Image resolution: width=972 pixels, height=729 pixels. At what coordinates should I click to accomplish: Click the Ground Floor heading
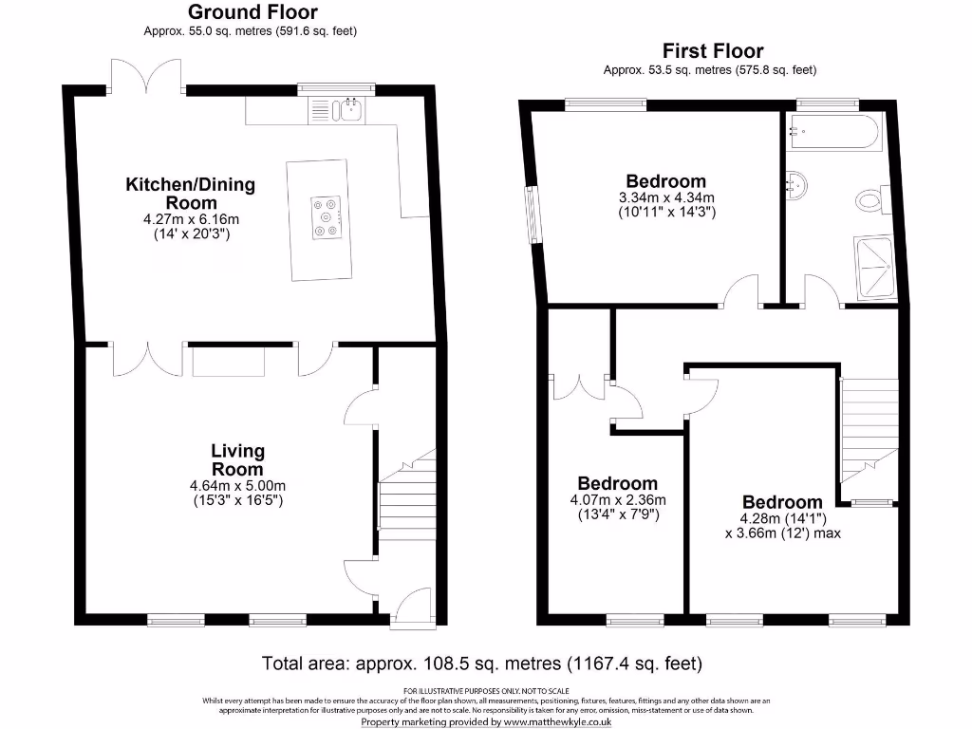[252, 11]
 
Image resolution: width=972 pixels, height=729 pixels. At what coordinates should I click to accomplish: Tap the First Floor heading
[713, 51]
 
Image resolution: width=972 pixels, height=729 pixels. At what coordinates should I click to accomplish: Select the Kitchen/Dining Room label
[191, 194]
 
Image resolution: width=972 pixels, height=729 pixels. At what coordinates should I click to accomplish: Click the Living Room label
[237, 460]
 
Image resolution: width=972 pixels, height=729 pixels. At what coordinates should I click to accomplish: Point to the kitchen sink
[347, 111]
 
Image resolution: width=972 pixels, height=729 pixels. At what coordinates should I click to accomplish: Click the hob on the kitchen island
[327, 217]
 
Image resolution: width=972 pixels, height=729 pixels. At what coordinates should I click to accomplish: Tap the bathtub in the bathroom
[832, 131]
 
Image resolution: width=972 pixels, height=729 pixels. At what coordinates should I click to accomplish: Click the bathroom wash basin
[796, 185]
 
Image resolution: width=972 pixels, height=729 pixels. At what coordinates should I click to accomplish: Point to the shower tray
[874, 267]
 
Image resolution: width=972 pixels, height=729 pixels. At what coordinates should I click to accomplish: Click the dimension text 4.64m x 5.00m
[237, 486]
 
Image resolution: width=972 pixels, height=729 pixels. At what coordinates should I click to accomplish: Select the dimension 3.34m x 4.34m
[666, 197]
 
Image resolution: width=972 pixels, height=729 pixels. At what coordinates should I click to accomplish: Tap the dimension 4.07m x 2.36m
[618, 499]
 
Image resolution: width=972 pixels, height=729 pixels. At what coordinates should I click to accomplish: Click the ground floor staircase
[407, 495]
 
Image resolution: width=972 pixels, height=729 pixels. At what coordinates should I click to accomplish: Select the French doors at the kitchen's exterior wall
[146, 76]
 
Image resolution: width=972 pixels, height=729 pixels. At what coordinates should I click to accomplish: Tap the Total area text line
[481, 664]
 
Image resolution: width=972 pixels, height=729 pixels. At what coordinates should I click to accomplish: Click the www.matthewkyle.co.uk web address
[557, 722]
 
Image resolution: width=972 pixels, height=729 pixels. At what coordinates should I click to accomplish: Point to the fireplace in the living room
[229, 362]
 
